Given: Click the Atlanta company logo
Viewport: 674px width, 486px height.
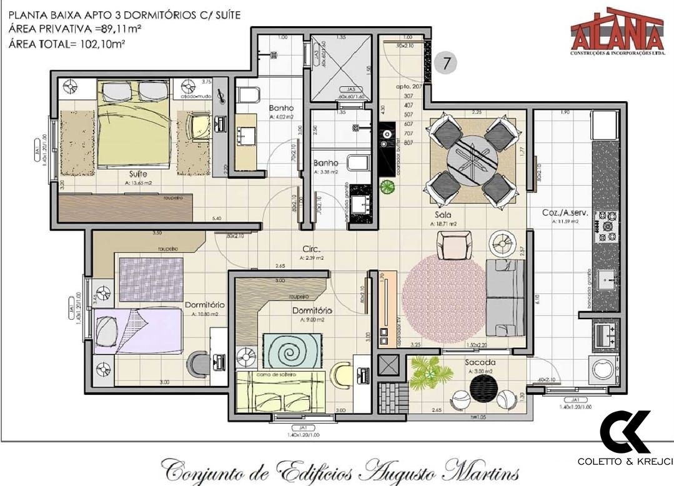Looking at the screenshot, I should pyautogui.click(x=617, y=31).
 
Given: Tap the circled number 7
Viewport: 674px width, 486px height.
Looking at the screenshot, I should pyautogui.click(x=447, y=63).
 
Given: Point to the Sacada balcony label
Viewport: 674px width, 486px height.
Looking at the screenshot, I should pyautogui.click(x=480, y=362).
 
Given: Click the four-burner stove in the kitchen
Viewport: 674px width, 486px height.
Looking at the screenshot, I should pyautogui.click(x=606, y=226).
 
